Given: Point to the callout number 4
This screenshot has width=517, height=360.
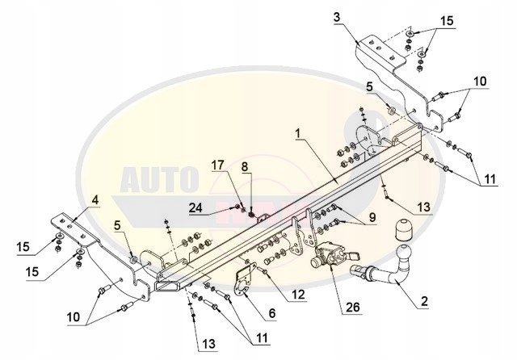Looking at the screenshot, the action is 95,197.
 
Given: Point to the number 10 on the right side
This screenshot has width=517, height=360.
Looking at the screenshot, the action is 481,81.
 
